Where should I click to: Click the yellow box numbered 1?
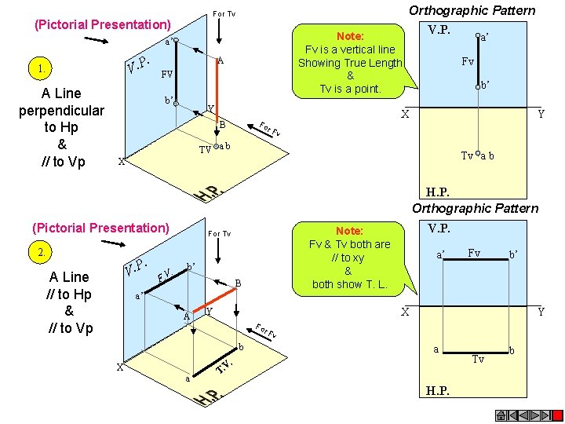pos(39,68)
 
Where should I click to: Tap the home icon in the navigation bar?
pos(500,415)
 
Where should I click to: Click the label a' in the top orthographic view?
pos(485,36)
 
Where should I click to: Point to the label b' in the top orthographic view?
pos(486,83)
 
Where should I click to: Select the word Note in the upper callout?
pos(349,36)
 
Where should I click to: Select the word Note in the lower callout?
pos(349,231)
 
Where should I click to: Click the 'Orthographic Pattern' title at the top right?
pos(472,10)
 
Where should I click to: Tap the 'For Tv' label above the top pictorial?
pos(224,14)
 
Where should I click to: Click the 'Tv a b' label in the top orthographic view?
pos(477,155)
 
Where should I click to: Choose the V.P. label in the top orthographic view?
pos(439,30)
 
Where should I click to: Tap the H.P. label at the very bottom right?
pos(438,390)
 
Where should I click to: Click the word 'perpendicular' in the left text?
pos(61,110)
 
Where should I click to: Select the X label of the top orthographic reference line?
pos(405,114)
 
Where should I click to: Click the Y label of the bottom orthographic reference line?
pos(541,312)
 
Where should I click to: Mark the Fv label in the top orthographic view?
pos(468,61)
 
